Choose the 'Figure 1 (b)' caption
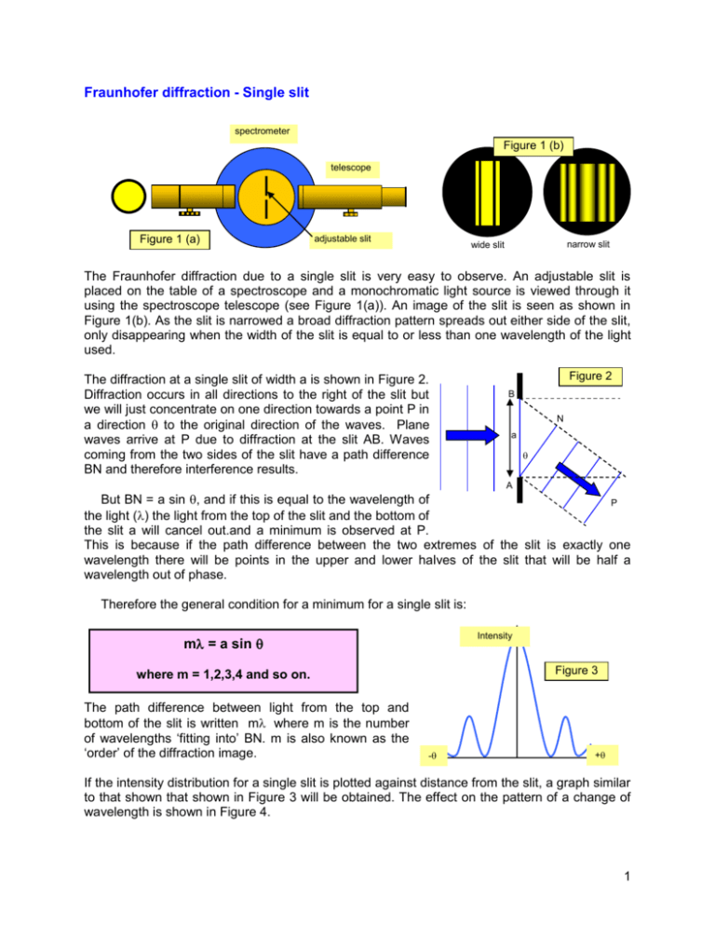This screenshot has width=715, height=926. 525,147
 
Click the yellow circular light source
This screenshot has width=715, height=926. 128,196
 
